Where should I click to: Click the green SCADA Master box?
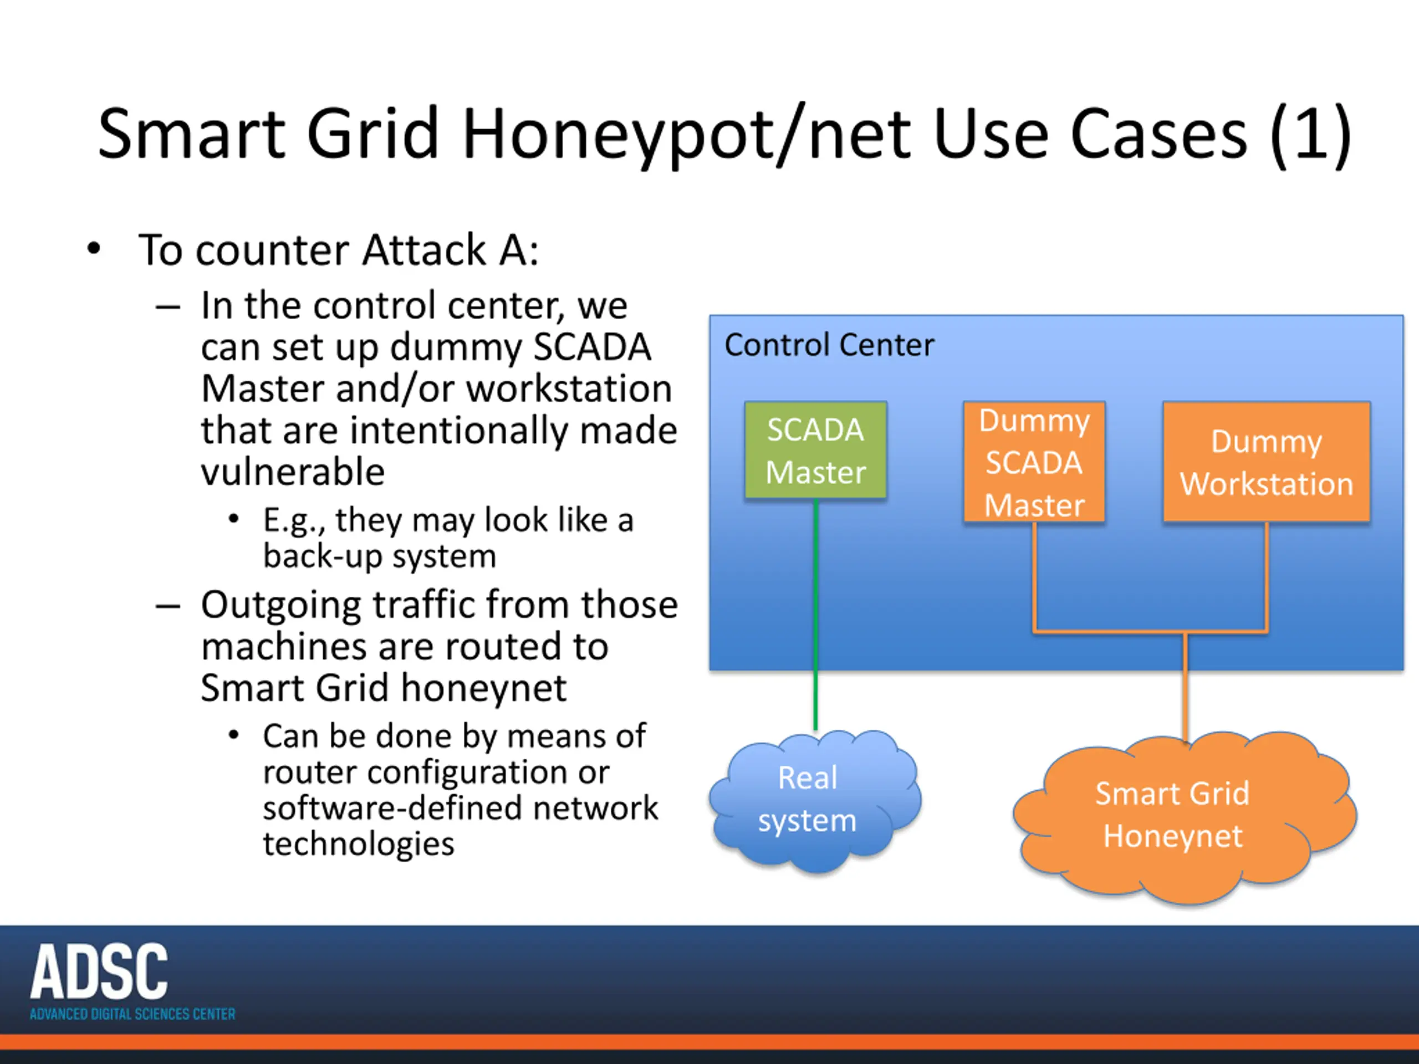(x=815, y=450)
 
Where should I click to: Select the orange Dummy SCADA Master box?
(x=1034, y=462)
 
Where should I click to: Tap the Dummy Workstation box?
(x=1267, y=462)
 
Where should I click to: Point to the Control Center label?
(x=829, y=345)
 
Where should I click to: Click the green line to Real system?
(x=815, y=616)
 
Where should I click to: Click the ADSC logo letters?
(x=99, y=971)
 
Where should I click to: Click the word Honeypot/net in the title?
(x=686, y=135)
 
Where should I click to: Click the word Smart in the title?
(x=191, y=135)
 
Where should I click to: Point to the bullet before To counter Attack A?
(x=94, y=249)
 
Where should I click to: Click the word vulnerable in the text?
(x=293, y=472)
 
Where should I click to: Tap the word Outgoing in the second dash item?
(x=281, y=606)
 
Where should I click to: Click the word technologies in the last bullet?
(x=359, y=844)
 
